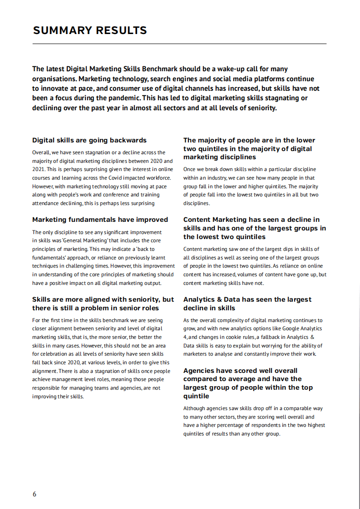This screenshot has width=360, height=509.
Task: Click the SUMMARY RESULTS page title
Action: click(x=90, y=30)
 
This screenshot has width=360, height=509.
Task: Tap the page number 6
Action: click(x=34, y=494)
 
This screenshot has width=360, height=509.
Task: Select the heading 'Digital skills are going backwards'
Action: click(x=89, y=140)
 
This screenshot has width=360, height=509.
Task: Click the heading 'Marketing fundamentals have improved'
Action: click(x=100, y=220)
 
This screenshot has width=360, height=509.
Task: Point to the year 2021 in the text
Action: click(x=39, y=169)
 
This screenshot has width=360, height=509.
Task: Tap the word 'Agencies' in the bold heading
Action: click(x=198, y=371)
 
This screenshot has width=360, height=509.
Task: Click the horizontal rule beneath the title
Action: click(x=179, y=44)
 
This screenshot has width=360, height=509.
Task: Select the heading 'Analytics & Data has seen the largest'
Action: click(x=247, y=299)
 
